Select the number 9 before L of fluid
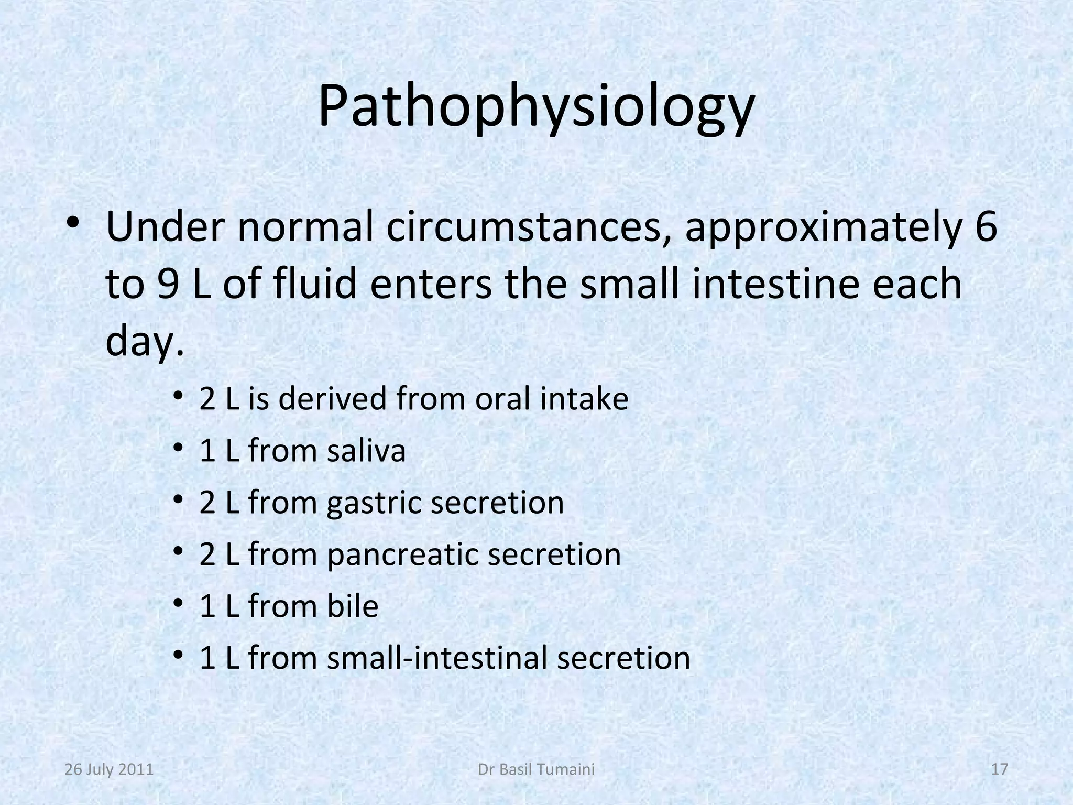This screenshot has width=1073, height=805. (x=167, y=284)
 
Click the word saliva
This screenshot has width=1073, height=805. (x=366, y=450)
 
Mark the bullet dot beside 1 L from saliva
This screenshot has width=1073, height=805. (x=178, y=447)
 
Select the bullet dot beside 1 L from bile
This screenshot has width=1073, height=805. (x=178, y=603)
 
